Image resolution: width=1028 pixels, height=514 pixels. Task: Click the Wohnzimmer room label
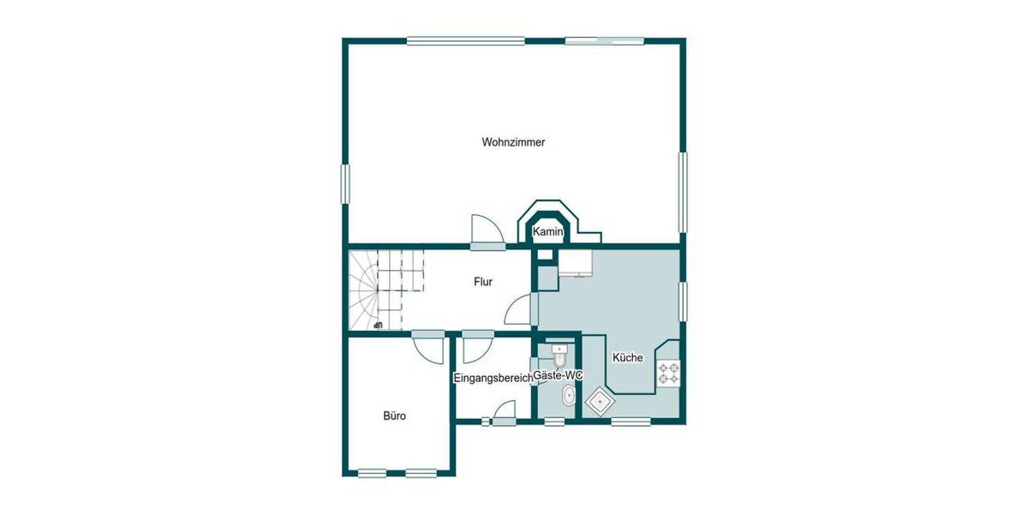tap(513, 142)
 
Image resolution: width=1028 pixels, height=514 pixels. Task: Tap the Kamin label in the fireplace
tap(547, 232)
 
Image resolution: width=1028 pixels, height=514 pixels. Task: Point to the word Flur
tap(483, 281)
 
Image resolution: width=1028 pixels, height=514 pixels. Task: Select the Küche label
tap(627, 358)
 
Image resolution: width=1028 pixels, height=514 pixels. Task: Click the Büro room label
tap(394, 416)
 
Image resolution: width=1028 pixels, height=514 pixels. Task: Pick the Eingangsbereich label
tap(492, 377)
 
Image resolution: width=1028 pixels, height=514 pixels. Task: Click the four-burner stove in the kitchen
tap(668, 373)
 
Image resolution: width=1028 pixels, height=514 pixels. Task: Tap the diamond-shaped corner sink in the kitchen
tap(599, 401)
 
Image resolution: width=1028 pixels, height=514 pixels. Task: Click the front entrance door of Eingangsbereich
tap(502, 412)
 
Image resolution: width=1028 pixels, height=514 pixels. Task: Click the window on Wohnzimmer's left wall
tap(345, 183)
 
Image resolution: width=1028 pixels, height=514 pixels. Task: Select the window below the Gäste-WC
tap(555, 421)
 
